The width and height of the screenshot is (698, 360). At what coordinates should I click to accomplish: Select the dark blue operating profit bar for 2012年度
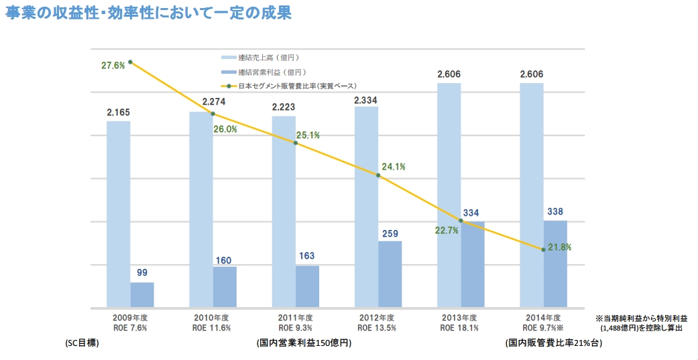(x=390, y=274)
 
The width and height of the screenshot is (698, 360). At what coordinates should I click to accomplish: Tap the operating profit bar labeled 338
(x=555, y=263)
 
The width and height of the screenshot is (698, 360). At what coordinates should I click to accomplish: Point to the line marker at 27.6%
(x=130, y=62)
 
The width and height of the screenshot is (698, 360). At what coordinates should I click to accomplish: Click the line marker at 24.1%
(x=378, y=176)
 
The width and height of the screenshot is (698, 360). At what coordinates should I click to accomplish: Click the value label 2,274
(x=202, y=103)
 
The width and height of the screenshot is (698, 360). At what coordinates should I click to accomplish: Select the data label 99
(x=142, y=273)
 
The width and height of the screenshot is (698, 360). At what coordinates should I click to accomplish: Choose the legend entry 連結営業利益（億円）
(x=272, y=72)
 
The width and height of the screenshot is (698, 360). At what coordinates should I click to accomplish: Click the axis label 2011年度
(x=294, y=317)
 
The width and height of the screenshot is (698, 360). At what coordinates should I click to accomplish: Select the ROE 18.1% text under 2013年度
(x=459, y=328)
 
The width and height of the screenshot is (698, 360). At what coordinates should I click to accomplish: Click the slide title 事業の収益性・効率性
(x=148, y=13)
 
